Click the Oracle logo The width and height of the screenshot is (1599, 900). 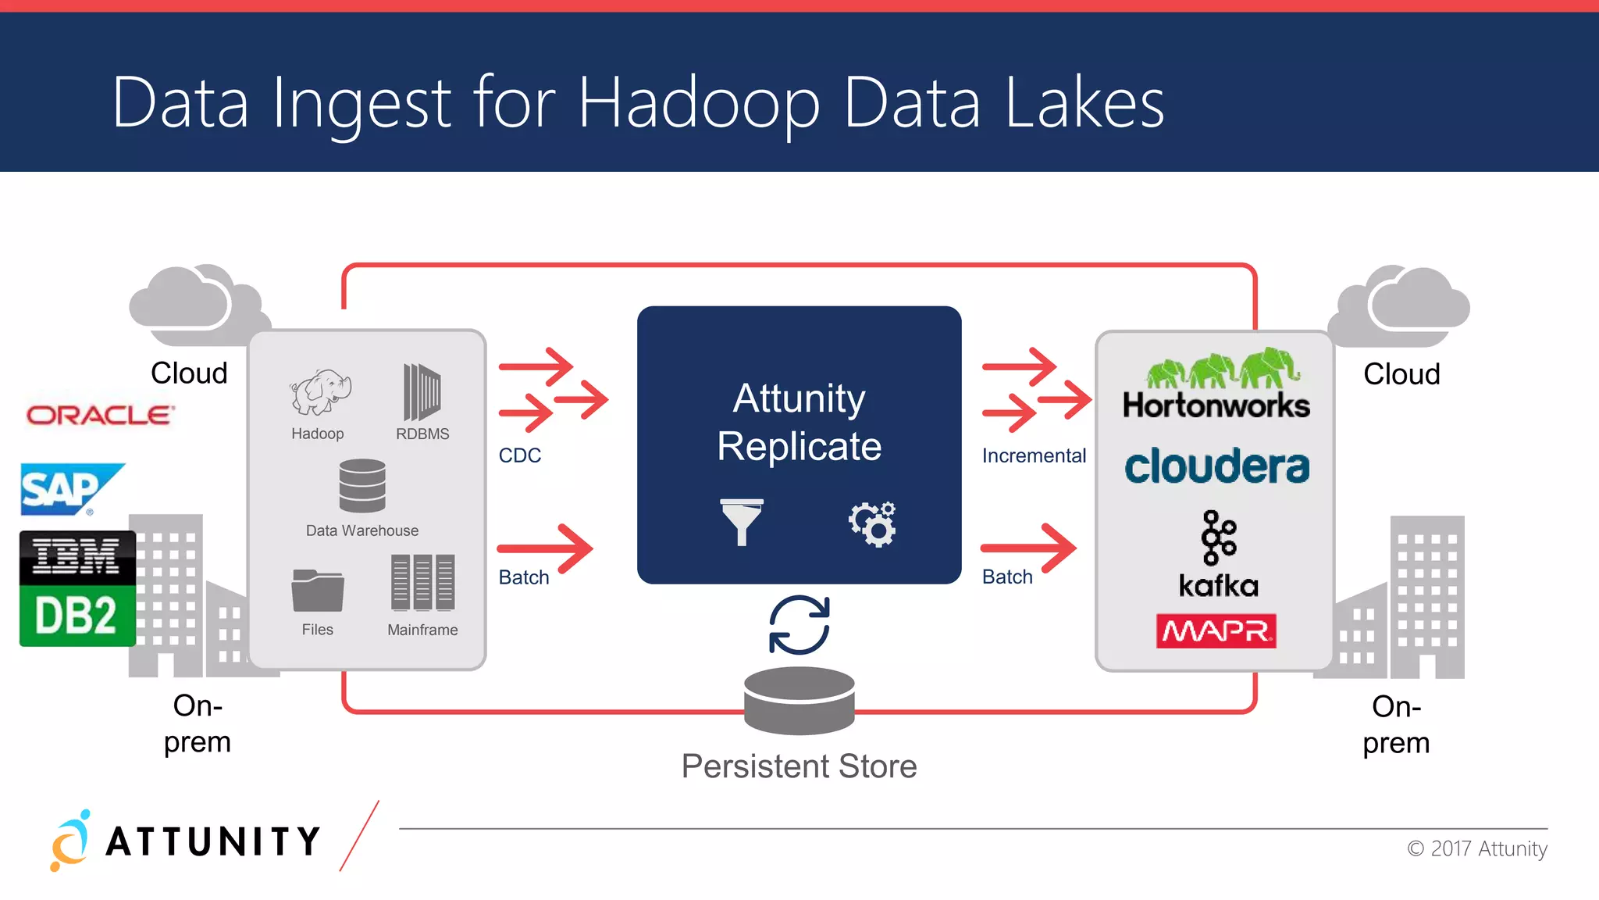(x=100, y=415)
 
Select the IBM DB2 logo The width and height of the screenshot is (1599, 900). (x=77, y=588)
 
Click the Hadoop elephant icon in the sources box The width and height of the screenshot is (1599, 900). (x=320, y=391)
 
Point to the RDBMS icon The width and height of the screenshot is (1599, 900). (x=422, y=391)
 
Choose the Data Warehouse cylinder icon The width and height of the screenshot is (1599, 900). (x=362, y=485)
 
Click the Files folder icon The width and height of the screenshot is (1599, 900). (x=317, y=590)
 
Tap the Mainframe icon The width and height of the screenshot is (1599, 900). (x=422, y=582)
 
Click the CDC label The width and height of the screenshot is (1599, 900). (x=520, y=455)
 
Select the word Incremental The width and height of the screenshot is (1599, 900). (x=1034, y=455)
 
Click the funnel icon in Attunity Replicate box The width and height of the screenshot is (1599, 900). (x=742, y=521)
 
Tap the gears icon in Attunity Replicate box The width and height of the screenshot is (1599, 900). (x=873, y=523)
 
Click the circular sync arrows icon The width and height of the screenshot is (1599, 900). (x=799, y=624)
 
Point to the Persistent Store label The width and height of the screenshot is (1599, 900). (x=799, y=766)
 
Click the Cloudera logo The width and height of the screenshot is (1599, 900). (x=1216, y=466)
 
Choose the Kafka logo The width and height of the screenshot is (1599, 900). (x=1218, y=554)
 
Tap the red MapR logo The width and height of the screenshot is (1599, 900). (x=1216, y=630)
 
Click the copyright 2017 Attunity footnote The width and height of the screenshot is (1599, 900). (x=1477, y=848)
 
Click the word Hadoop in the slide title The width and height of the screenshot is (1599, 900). (x=699, y=103)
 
